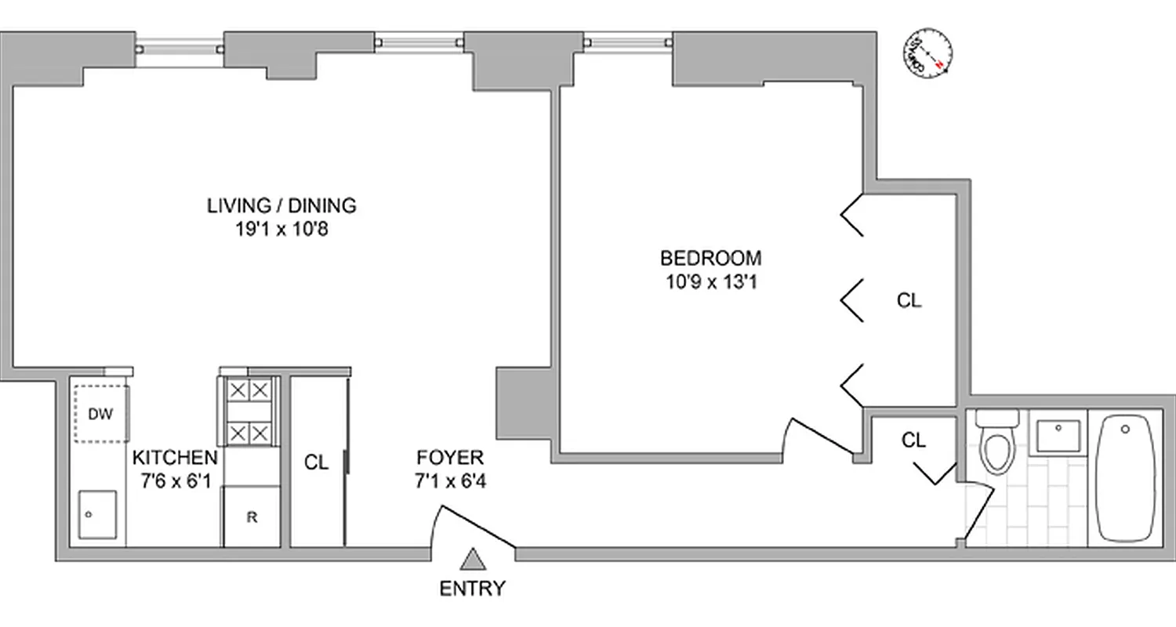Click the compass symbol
[x=927, y=54]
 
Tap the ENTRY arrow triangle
[x=472, y=560]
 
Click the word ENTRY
[x=472, y=589]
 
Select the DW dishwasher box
[x=100, y=413]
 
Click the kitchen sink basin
[x=97, y=514]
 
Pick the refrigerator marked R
[x=251, y=516]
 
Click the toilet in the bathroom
[x=996, y=445]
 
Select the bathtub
[x=1125, y=478]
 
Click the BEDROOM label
[x=710, y=258]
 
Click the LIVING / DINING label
[x=281, y=206]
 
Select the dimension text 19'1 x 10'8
[x=281, y=230]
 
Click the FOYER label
[x=450, y=458]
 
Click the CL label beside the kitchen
[x=317, y=463]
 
